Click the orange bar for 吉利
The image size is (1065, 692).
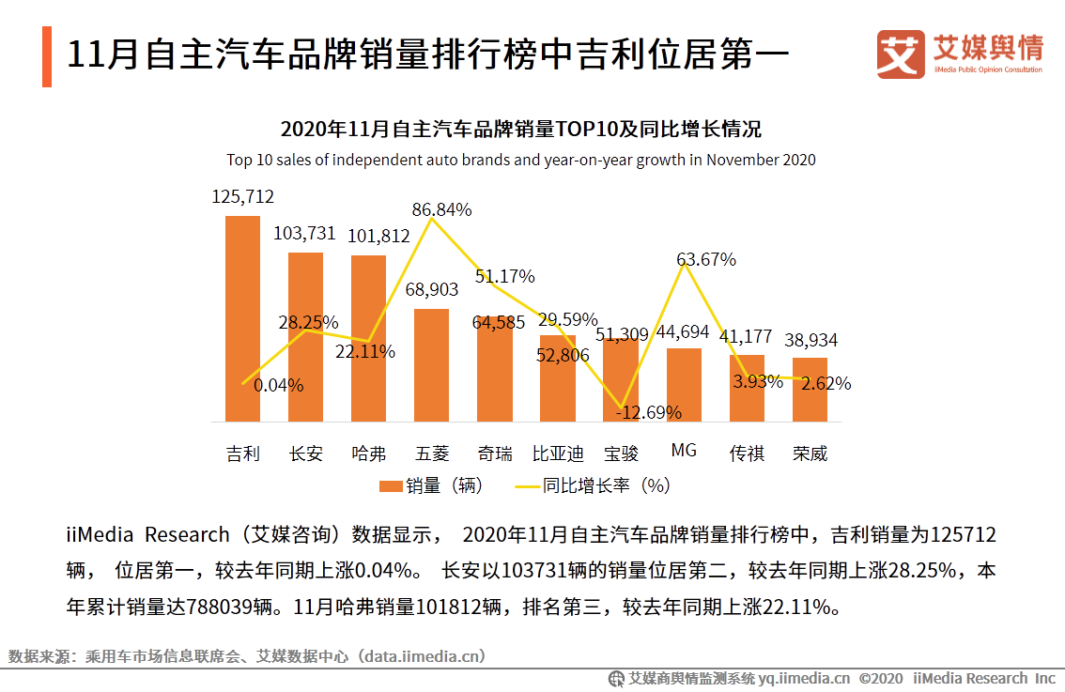tap(242, 319)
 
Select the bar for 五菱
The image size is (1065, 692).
tap(431, 365)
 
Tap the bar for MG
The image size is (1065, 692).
tap(684, 385)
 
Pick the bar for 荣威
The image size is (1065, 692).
tap(810, 390)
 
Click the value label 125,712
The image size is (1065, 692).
tap(242, 196)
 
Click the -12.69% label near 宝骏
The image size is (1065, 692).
tap(648, 411)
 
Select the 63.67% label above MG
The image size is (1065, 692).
tap(705, 259)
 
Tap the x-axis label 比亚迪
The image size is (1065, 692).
tap(558, 454)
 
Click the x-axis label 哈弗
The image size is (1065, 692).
tap(368, 454)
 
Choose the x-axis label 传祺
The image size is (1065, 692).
tap(747, 454)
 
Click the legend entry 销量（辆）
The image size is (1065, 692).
tap(433, 485)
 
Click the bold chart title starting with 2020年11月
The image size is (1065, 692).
tap(520, 129)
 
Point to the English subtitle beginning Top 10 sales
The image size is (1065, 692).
tap(520, 160)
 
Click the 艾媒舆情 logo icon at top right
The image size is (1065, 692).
tap(900, 54)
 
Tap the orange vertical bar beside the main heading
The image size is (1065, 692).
tap(46, 56)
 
